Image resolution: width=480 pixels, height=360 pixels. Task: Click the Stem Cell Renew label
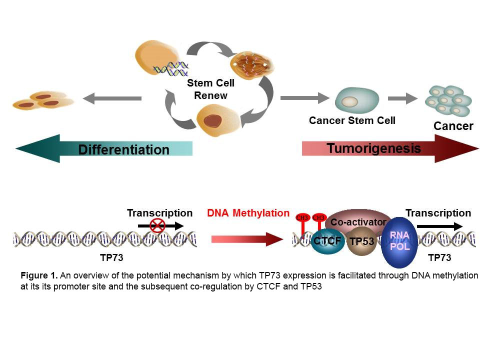(210, 89)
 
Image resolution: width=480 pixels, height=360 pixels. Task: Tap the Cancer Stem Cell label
(352, 120)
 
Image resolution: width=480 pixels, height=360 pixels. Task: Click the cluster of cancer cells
(448, 100)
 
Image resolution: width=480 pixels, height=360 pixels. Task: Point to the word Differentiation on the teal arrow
(123, 149)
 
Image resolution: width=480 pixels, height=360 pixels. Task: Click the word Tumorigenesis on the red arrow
(373, 148)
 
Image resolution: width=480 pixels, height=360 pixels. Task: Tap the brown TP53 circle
(361, 241)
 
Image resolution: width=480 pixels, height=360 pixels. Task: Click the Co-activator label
(358, 222)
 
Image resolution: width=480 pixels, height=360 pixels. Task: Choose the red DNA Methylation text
(248, 213)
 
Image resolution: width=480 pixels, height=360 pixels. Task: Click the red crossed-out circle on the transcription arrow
(157, 226)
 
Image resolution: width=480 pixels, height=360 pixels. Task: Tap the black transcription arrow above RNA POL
(439, 226)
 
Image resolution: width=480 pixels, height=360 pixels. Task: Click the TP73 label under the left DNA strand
(112, 258)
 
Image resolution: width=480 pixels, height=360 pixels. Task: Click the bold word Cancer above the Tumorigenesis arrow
(453, 126)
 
